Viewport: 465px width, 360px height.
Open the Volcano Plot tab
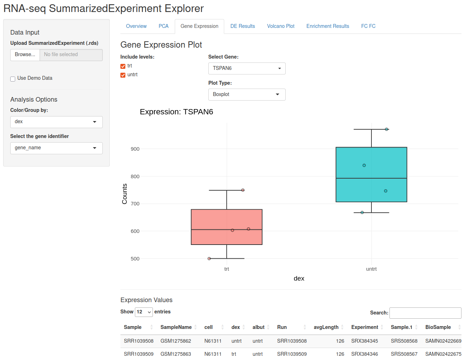tap(280, 26)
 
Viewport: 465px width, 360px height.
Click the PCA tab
tap(163, 26)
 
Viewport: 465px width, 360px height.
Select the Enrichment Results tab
tap(327, 26)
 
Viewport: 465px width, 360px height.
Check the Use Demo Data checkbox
tap(13, 79)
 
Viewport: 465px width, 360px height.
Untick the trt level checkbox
tap(123, 66)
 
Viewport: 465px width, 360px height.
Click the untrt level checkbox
tap(123, 75)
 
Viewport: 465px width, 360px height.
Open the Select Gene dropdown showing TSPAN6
tap(247, 68)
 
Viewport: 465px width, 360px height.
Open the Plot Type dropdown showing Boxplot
tap(247, 94)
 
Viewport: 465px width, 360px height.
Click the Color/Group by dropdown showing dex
tap(56, 122)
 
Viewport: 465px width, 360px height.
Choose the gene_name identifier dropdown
tap(56, 148)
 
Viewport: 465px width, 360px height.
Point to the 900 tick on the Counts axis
tap(135, 149)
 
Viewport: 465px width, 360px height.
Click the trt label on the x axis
tap(226, 269)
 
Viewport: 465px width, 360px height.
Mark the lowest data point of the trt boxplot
tap(209, 258)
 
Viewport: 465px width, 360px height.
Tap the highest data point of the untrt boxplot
tap(387, 129)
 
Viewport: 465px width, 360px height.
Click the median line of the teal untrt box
tap(371, 178)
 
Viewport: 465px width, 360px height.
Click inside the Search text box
tap(425, 313)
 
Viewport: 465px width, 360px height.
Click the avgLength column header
tap(326, 327)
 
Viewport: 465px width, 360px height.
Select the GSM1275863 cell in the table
tap(176, 354)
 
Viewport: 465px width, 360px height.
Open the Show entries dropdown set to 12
tap(144, 312)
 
